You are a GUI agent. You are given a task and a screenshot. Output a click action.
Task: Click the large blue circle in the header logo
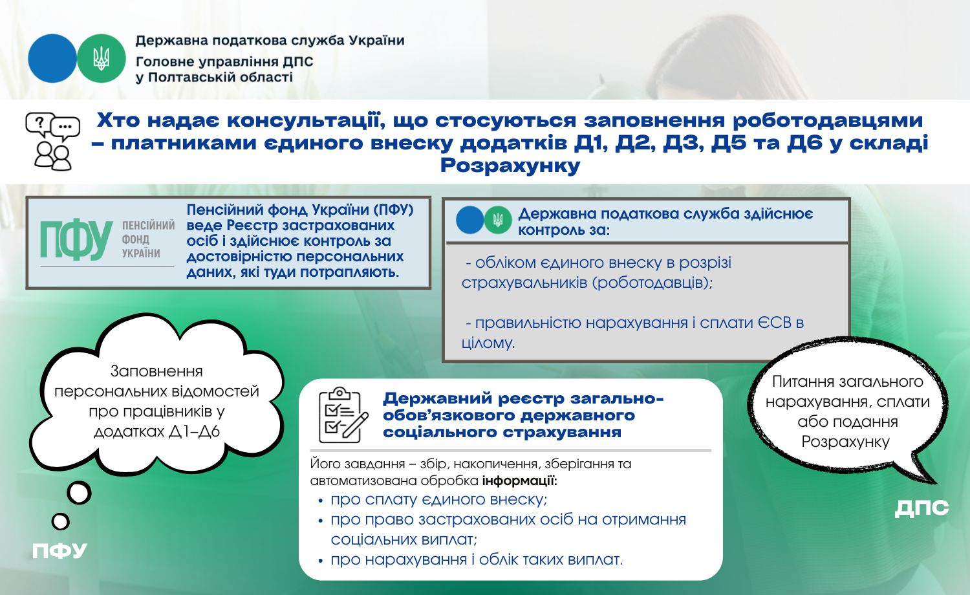click(x=52, y=58)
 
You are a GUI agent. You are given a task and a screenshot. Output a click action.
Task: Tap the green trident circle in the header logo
click(x=102, y=58)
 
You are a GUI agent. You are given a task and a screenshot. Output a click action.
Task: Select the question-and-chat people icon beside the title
click(x=53, y=141)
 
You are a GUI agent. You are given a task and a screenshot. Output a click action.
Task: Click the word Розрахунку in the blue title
click(x=510, y=166)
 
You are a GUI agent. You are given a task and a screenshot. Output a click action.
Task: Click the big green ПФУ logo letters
click(x=76, y=241)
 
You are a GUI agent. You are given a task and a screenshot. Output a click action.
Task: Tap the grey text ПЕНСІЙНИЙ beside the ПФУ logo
click(x=148, y=225)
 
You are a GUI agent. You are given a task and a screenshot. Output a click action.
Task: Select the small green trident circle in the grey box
click(x=498, y=220)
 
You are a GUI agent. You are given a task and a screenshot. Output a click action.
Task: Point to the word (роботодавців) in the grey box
click(x=652, y=283)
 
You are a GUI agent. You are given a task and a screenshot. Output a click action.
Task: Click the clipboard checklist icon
click(x=343, y=415)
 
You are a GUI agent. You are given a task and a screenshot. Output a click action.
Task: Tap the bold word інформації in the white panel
click(x=519, y=481)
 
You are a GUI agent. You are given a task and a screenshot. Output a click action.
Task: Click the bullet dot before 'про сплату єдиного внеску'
click(x=321, y=501)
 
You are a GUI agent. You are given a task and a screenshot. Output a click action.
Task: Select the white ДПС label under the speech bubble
click(x=921, y=508)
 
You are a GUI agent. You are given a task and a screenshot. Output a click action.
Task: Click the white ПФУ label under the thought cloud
click(x=59, y=551)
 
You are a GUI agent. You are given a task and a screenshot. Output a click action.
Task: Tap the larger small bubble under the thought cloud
click(x=80, y=493)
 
